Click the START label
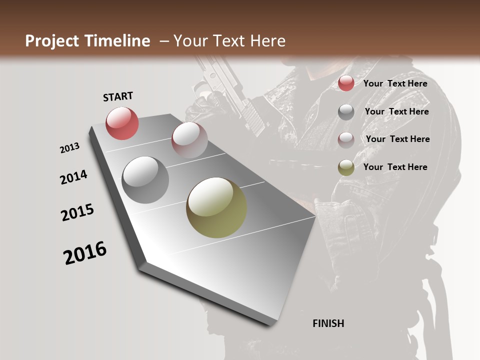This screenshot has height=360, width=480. (x=118, y=96)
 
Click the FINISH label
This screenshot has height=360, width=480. (x=328, y=323)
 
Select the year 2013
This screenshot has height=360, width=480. (x=69, y=148)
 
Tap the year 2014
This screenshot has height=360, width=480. (x=73, y=177)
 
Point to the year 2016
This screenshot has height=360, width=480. (x=85, y=253)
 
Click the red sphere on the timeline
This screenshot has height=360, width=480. (x=122, y=123)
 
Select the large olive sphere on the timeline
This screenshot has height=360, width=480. (x=216, y=207)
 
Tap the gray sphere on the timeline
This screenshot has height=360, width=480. (x=145, y=180)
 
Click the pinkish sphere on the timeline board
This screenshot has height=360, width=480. (x=189, y=140)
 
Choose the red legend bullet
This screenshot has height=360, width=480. (x=346, y=83)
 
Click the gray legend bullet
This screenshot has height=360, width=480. (x=346, y=112)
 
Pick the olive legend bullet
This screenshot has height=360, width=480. (x=346, y=167)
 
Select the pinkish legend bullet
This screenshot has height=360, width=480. (x=346, y=139)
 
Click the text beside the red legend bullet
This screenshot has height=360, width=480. (x=395, y=83)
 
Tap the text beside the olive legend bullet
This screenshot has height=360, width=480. (x=395, y=167)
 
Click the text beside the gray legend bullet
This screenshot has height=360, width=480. (x=396, y=111)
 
